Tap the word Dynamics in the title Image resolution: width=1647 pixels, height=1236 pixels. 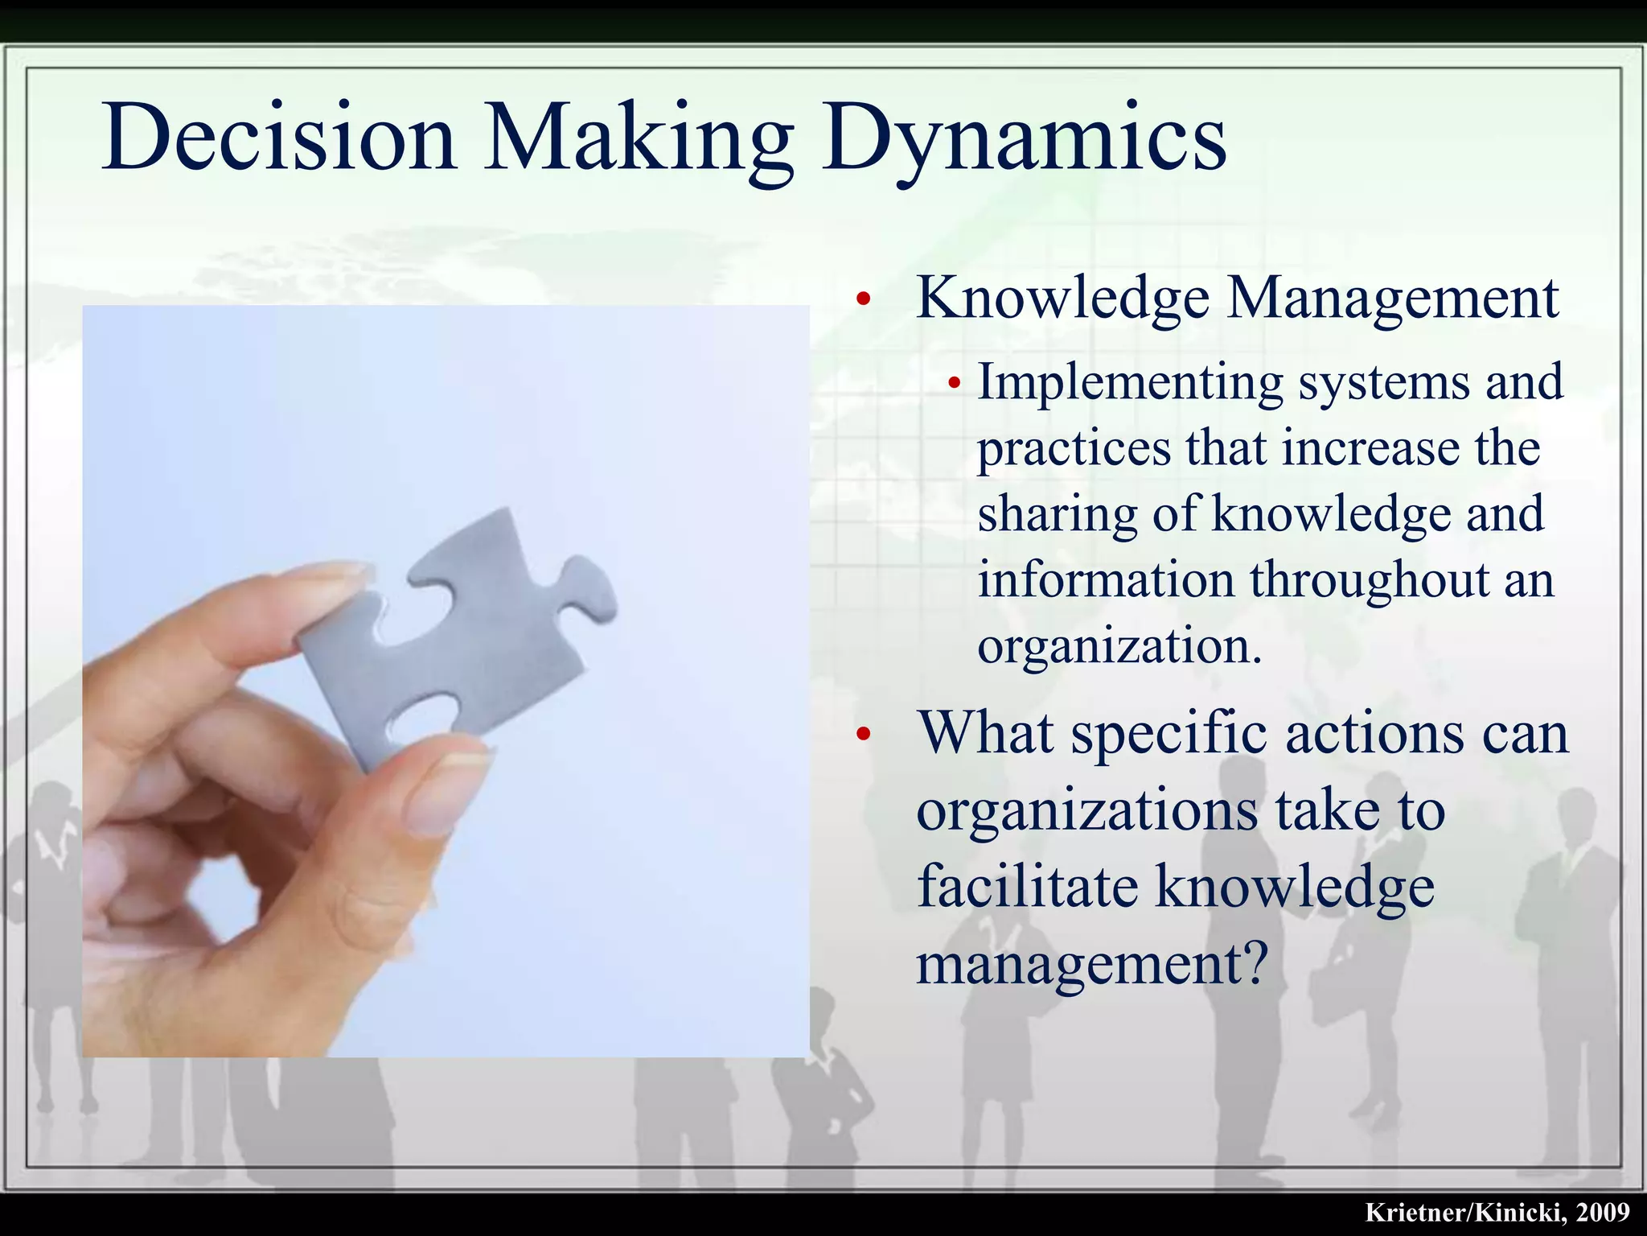pyautogui.click(x=1024, y=138)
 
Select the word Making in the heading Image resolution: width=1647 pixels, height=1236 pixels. pyautogui.click(x=639, y=138)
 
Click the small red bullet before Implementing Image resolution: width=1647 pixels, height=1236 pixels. pyautogui.click(x=955, y=384)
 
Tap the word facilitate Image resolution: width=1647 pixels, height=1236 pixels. pyautogui.click(x=1028, y=886)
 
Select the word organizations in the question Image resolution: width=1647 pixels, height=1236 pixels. pyautogui.click(x=1087, y=810)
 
